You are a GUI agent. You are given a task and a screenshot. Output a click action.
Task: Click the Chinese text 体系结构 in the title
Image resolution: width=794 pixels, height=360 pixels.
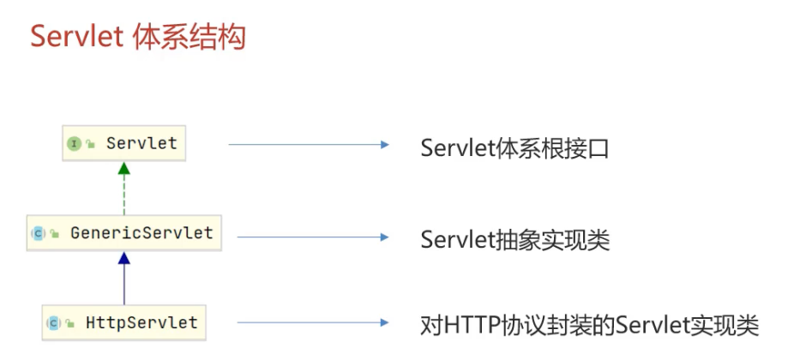[190, 38]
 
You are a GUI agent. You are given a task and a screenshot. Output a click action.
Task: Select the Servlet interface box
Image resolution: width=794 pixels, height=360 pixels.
[123, 143]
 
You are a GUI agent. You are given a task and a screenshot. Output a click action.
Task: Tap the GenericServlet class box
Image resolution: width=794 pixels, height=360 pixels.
[123, 232]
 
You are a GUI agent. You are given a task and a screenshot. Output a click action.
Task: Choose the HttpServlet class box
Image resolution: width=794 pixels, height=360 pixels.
[123, 323]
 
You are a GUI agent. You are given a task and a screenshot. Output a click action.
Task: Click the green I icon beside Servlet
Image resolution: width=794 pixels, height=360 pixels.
[75, 144]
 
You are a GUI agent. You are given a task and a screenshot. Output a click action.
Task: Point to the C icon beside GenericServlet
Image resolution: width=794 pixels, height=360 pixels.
[39, 233]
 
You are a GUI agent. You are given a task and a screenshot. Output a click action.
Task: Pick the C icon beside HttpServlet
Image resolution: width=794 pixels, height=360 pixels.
[53, 324]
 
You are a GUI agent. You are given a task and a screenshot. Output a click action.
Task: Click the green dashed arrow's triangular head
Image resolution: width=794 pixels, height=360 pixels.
[124, 171]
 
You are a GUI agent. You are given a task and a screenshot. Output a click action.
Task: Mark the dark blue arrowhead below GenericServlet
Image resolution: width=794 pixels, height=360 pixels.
[124, 258]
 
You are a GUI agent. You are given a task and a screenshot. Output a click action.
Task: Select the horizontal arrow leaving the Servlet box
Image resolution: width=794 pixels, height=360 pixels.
[309, 145]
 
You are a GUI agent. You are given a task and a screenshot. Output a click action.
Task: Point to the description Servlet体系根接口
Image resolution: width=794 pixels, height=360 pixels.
[514, 147]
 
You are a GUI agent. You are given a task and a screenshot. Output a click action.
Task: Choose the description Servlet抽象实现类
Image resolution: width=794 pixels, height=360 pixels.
[514, 240]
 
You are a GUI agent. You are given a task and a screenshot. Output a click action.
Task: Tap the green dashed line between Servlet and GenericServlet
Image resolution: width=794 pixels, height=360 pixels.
[124, 197]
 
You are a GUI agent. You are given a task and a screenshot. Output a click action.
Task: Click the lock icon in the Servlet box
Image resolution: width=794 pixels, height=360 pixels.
[90, 145]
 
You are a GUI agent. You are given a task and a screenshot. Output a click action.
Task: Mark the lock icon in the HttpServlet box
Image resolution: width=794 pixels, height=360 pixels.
[69, 325]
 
